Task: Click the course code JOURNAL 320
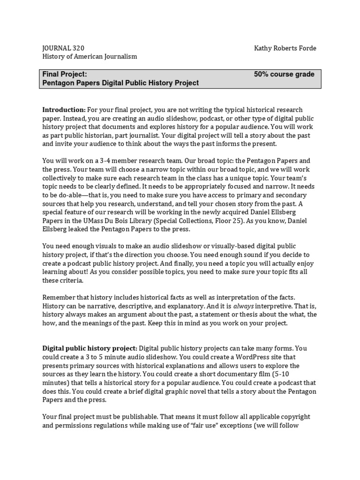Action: pyautogui.click(x=64, y=48)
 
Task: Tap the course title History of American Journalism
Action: pyautogui.click(x=90, y=56)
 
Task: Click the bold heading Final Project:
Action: pyautogui.click(x=65, y=74)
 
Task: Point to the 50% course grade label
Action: pyautogui.click(x=284, y=74)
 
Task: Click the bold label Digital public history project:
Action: pyautogui.click(x=90, y=348)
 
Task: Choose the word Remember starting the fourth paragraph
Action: pyautogui.click(x=60, y=298)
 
